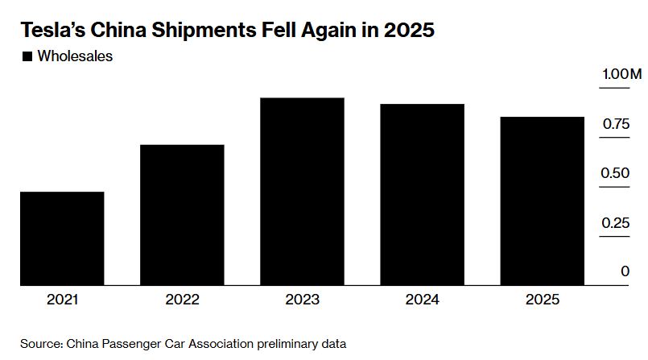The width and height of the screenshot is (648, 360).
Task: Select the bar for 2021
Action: coord(62,238)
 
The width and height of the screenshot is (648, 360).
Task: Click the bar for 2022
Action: coord(183,215)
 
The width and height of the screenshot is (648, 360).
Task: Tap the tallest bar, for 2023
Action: coord(303,192)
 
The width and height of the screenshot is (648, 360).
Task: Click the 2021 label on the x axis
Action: coord(62,300)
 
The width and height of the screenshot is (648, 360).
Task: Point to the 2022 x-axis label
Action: coord(183,300)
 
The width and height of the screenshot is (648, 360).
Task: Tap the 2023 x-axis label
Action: coord(303,300)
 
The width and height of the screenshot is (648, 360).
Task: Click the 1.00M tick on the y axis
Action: coord(621,75)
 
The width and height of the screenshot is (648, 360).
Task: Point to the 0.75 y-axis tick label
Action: coord(615,124)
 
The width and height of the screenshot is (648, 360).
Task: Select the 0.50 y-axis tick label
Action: coord(615,173)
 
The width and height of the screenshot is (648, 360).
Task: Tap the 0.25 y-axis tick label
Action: coord(615,222)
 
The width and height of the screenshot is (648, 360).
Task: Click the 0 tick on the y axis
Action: coord(625,271)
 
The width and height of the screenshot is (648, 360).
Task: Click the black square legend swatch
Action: coord(27,56)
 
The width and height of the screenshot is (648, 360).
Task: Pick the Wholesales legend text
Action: coord(75,56)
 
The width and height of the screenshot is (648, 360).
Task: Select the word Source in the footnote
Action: coord(39,344)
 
